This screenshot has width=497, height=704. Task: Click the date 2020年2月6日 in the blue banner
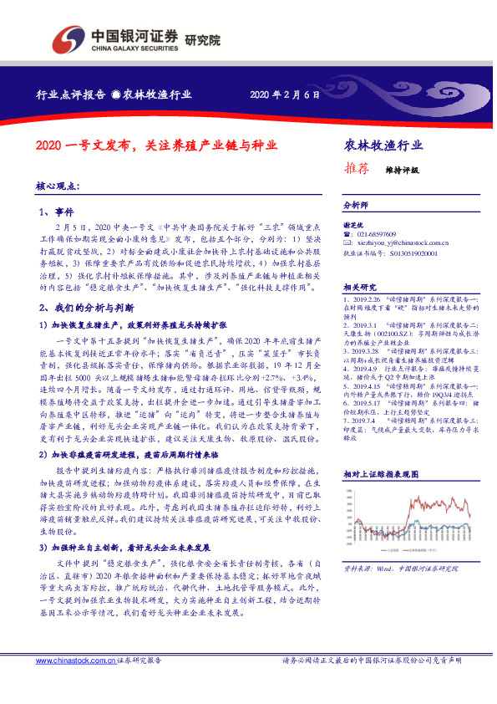[285, 94]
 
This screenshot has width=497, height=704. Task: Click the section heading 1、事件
[57, 212]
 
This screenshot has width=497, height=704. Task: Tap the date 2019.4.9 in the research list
[363, 344]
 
